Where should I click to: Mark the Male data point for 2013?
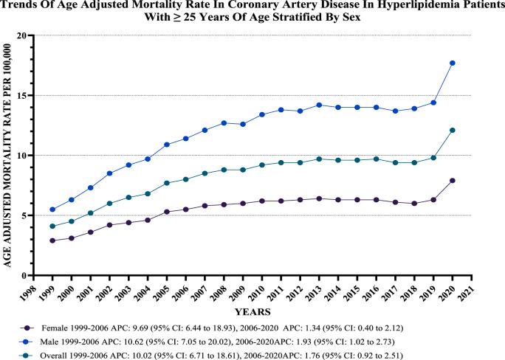point(319,105)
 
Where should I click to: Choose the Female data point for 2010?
point(262,201)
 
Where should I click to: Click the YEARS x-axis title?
point(254,312)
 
